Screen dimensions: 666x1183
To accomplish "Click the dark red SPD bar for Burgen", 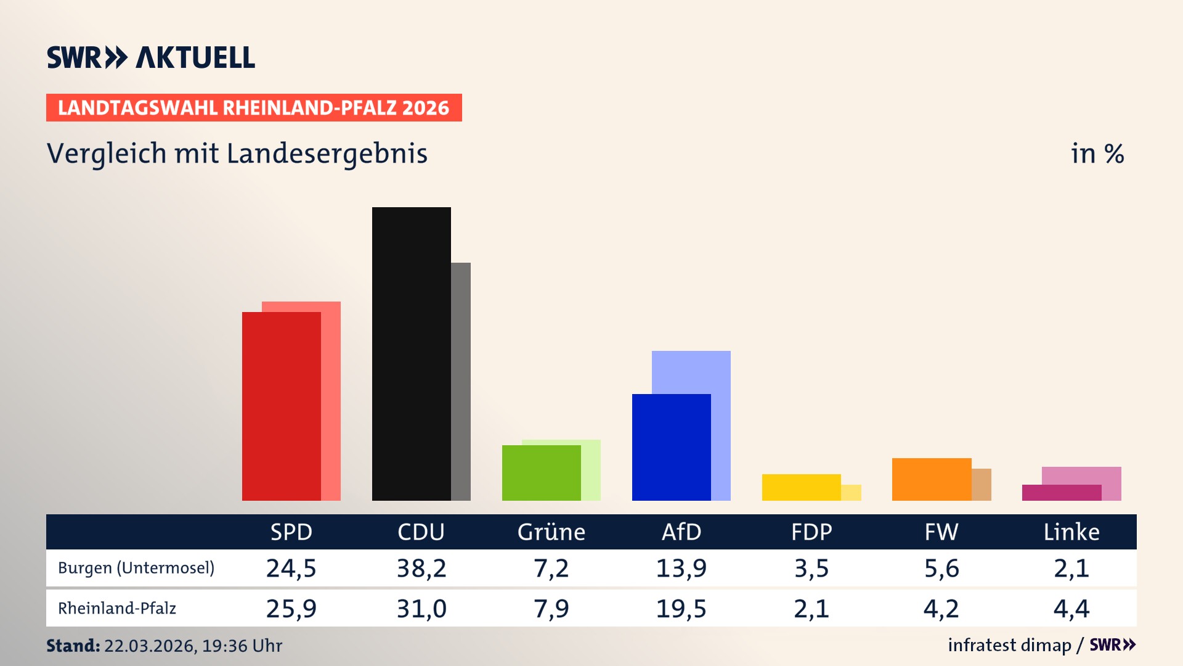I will point(281,407).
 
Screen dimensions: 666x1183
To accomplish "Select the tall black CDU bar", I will point(411,354).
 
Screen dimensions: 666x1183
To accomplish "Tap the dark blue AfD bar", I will point(671,448).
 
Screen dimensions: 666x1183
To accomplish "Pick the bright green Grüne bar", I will point(541,473).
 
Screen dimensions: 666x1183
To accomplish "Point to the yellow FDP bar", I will point(801,488).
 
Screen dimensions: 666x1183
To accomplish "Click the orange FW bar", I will point(931,480).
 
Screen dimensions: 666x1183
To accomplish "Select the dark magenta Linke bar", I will point(1061,493).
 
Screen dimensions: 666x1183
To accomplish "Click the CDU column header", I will point(421,532).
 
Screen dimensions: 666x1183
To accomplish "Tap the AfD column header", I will point(681,532).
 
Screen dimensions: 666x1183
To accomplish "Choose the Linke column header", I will point(1071,532).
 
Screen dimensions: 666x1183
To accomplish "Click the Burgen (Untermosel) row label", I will point(136,568).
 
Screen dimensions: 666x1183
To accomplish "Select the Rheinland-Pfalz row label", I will point(117,609).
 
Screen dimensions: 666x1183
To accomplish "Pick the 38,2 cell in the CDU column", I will point(421,568).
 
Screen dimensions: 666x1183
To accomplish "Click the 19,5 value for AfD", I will point(681,609).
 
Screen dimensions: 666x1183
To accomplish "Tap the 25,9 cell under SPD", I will point(291,609).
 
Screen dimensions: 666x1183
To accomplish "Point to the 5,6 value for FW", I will point(941,568).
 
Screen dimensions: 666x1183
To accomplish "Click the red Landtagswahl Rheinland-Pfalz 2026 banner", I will point(253,108).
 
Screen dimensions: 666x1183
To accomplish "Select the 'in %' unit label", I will point(1097,154).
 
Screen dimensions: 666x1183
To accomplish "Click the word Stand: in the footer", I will point(73,646).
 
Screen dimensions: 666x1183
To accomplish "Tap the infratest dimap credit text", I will point(1009,645).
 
